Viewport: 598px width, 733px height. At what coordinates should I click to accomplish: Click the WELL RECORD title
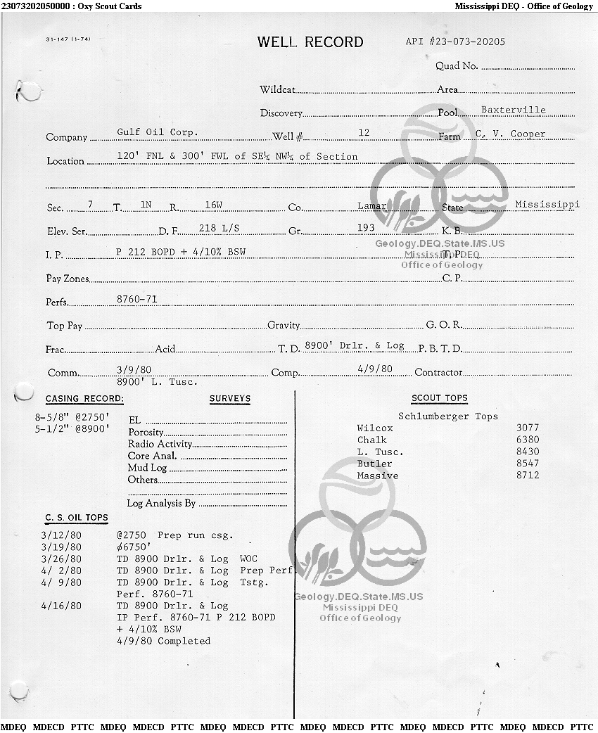pos(310,42)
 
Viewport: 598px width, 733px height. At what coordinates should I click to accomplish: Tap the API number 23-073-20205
pos(455,42)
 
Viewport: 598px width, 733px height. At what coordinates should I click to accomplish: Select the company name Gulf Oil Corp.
pos(158,132)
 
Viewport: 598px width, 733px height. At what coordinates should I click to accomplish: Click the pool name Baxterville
pos(513,110)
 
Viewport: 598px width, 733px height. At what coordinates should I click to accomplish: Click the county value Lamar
pos(371,205)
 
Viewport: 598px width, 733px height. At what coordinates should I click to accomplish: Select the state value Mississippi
pos(547,205)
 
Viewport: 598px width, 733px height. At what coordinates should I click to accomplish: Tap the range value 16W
pos(214,204)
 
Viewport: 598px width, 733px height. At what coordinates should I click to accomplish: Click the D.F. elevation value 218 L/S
pos(219,228)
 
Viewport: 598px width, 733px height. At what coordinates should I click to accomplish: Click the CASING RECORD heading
pos(84,399)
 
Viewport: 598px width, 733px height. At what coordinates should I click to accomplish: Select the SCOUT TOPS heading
pos(439,398)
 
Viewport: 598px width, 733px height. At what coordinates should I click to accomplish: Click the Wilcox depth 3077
pos(527,428)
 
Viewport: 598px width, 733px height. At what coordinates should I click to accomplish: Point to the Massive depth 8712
pos(527,476)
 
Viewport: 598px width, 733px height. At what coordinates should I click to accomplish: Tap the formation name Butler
pos(374,464)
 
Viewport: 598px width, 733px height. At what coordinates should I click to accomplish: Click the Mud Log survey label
pos(147,468)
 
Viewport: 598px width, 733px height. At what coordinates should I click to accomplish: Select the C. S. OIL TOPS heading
pos(77,518)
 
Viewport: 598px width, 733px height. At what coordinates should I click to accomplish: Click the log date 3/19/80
pos(61,547)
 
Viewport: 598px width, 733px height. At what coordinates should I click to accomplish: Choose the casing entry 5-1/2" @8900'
pos(72,428)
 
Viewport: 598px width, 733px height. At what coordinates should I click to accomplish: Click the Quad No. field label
pos(457,66)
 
